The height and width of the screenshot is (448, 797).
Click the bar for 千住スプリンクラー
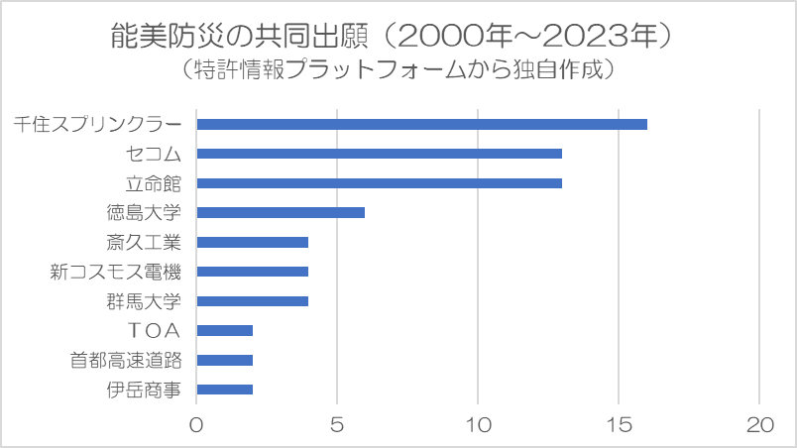coord(421,124)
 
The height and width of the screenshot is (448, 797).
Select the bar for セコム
coord(379,154)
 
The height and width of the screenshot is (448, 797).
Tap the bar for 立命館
coord(379,183)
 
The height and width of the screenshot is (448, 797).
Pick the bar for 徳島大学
coord(281,212)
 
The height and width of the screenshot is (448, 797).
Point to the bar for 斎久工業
coord(253,242)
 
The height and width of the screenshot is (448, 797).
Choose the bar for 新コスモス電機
coord(253,272)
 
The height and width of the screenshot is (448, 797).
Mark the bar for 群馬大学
coord(253,301)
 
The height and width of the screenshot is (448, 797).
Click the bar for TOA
coord(225,330)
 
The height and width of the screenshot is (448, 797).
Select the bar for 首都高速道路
coord(225,360)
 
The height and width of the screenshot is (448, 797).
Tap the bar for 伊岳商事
coord(225,390)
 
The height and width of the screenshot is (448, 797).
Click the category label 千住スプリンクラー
coord(98,124)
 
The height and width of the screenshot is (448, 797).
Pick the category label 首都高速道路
coord(126,360)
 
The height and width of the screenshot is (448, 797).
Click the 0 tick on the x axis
coord(196,424)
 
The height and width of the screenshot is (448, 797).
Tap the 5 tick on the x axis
coord(337,424)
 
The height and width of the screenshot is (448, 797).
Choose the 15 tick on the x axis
coord(619,424)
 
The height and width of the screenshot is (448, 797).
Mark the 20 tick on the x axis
coord(759,424)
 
